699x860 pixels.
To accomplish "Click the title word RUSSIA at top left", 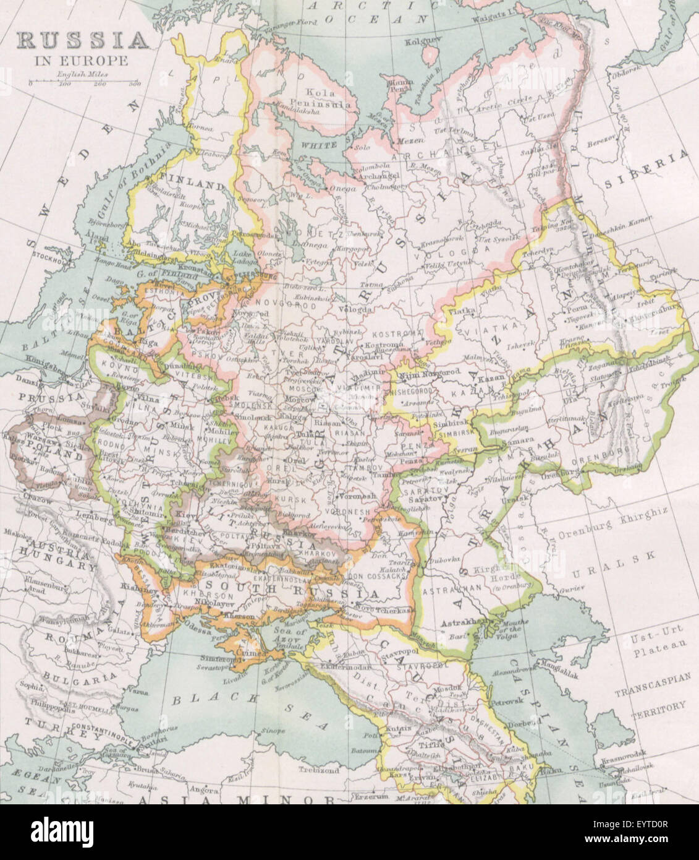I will coord(82,40).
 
